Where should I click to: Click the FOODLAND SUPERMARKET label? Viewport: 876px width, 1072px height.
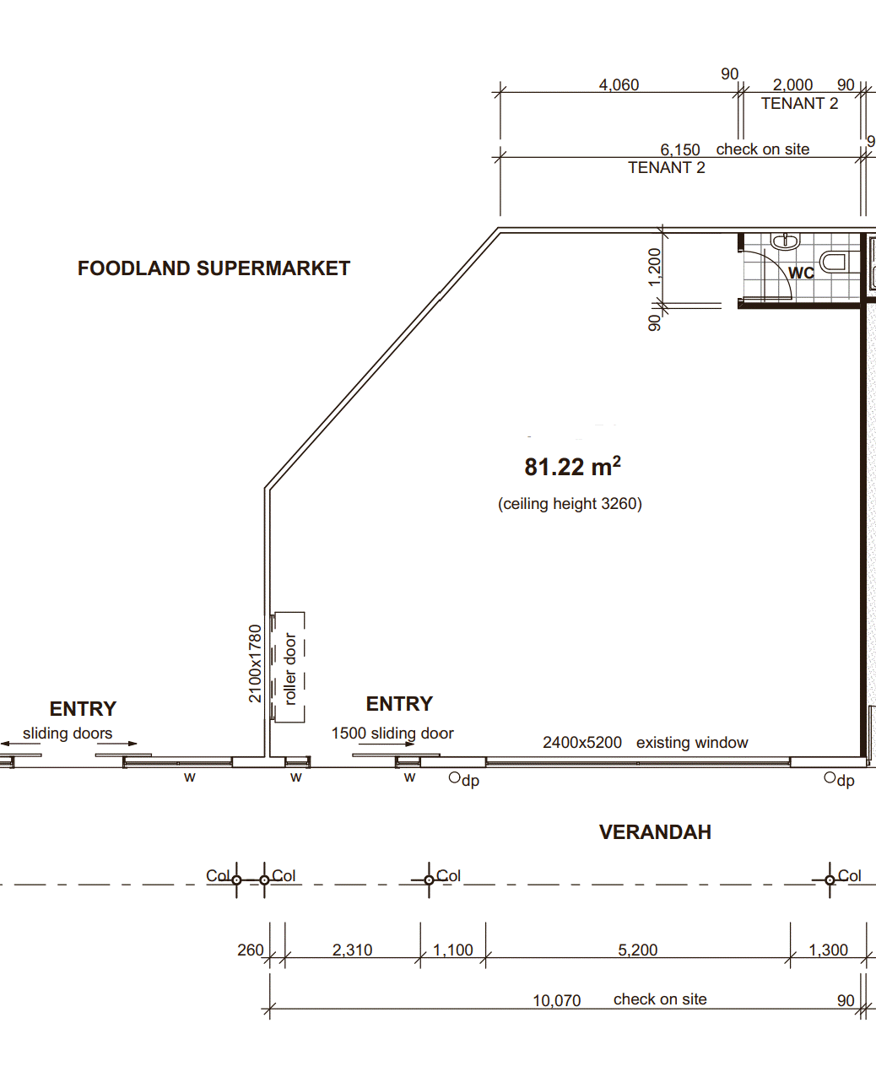click(214, 268)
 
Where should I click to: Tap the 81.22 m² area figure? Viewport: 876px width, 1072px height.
click(573, 466)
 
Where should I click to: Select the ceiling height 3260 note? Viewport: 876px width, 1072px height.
click(570, 504)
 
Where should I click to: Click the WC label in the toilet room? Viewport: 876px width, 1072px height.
click(801, 273)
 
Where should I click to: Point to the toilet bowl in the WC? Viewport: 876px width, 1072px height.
click(833, 263)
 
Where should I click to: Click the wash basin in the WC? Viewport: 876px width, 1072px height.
click(785, 241)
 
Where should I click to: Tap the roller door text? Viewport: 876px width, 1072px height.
click(289, 669)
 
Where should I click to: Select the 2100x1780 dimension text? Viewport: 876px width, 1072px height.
click(255, 663)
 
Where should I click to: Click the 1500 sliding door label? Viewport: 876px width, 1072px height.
click(392, 733)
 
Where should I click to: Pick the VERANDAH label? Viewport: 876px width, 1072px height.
click(655, 832)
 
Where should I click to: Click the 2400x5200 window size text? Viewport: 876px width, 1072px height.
click(581, 743)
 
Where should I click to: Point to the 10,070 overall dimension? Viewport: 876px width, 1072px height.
click(556, 1001)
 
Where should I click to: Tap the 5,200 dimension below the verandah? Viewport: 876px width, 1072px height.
click(638, 950)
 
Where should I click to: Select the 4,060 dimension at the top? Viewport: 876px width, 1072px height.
click(619, 85)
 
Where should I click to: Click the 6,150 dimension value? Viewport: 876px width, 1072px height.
click(680, 150)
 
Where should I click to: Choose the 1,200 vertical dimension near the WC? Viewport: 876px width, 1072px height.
click(655, 268)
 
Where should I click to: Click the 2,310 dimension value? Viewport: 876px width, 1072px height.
click(352, 950)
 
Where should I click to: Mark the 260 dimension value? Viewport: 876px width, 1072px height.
click(251, 950)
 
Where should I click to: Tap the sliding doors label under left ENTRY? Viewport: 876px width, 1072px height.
click(68, 733)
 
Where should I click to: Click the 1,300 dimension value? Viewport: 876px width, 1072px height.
click(828, 950)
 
